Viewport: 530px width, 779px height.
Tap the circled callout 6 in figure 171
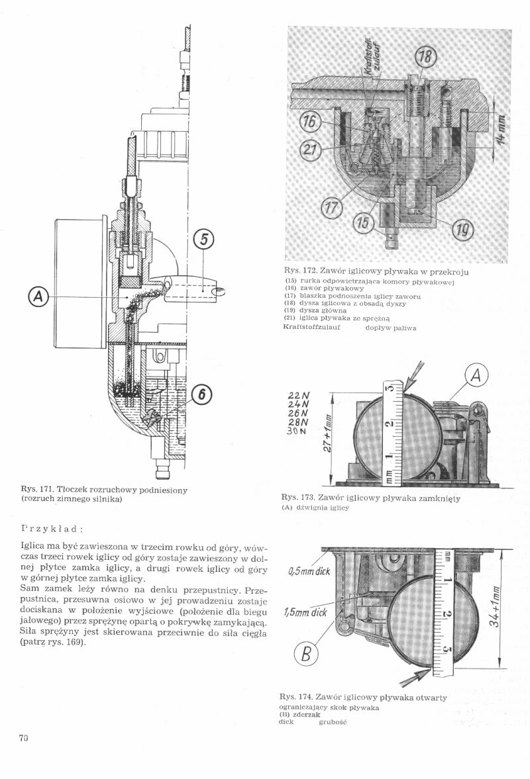click(x=201, y=395)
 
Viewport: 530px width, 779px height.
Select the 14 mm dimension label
click(x=502, y=128)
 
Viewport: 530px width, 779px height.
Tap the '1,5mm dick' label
click(x=305, y=612)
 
